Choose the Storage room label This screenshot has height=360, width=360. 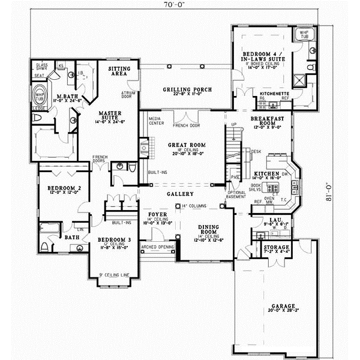[x=277, y=247]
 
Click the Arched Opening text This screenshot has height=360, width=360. [x=157, y=247]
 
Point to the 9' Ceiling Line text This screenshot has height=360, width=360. [x=114, y=275]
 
